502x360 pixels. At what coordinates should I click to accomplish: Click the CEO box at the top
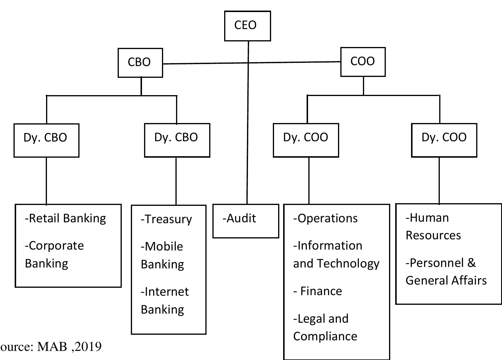pyautogui.click(x=247, y=26)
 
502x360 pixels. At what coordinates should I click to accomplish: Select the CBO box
pyautogui.click(x=140, y=63)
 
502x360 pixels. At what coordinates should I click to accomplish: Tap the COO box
pyautogui.click(x=363, y=62)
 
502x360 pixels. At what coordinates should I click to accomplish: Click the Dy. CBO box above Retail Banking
pyautogui.click(x=46, y=140)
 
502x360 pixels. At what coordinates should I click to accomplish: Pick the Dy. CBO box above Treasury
pyautogui.click(x=177, y=140)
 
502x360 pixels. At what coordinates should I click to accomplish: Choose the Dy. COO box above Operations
pyautogui.click(x=306, y=140)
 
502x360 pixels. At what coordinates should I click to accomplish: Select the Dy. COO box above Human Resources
pyautogui.click(x=444, y=140)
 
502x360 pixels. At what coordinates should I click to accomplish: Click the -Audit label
pyautogui.click(x=239, y=218)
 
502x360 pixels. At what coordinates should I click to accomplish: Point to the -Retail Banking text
pyautogui.click(x=65, y=218)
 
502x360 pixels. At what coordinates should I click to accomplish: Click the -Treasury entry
pyautogui.click(x=166, y=219)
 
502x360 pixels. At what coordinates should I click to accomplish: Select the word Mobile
pyautogui.click(x=164, y=247)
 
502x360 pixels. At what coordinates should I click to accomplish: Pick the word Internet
pyautogui.click(x=167, y=292)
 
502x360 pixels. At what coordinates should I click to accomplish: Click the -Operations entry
pyautogui.click(x=325, y=218)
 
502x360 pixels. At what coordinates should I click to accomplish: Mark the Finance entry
pyautogui.click(x=321, y=291)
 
